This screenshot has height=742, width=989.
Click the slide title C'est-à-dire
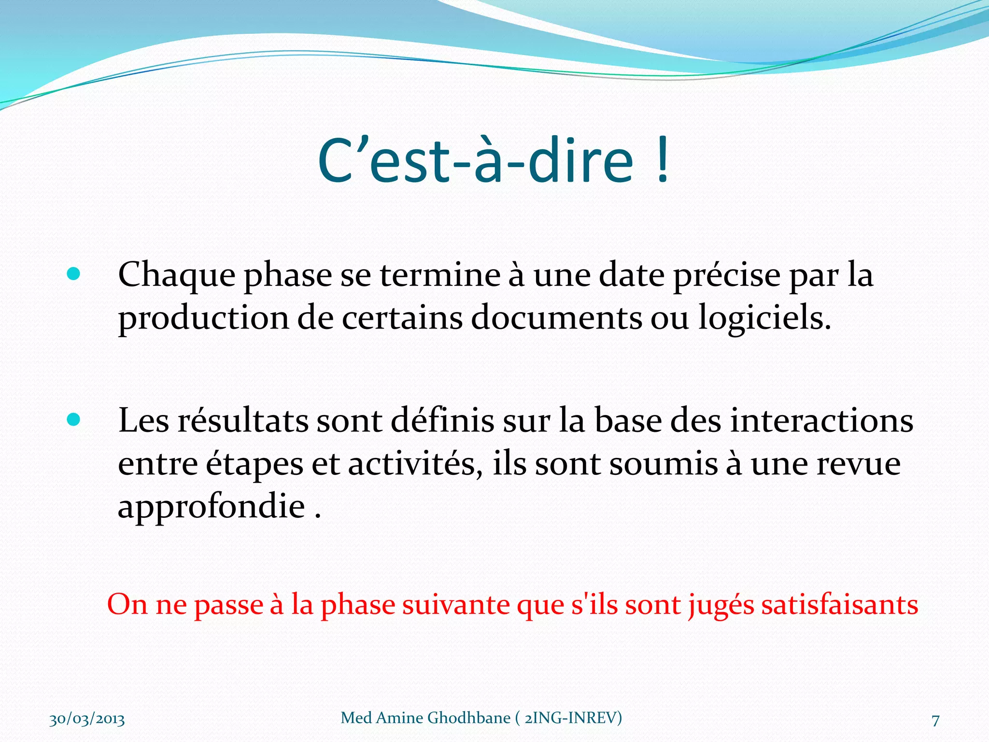pos(476,160)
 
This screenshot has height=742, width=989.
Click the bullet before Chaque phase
pos(73,274)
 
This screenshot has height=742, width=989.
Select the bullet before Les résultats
pos(73,419)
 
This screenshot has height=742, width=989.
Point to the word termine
pos(440,274)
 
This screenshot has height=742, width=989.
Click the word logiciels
pos(765,319)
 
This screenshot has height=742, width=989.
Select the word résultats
pos(243,419)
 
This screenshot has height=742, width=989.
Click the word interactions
pos(821,419)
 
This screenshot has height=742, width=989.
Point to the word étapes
pos(254,465)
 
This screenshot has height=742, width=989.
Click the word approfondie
pos(212,507)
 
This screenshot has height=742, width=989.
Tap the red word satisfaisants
pos(840,604)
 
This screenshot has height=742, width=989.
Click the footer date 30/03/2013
pos(87,719)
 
